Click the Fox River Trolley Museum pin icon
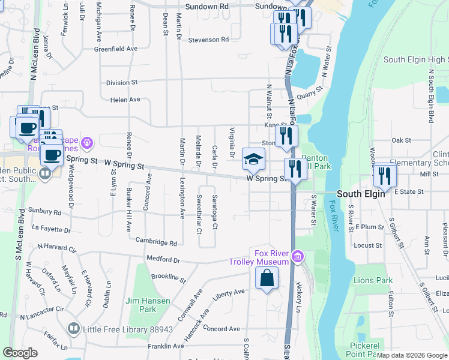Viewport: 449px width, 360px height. tap(297, 258)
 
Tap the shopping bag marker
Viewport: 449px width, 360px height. tap(267, 278)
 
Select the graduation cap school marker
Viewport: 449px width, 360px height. tap(253, 159)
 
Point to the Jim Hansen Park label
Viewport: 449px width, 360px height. tap(140, 305)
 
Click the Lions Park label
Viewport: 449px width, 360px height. tap(373, 280)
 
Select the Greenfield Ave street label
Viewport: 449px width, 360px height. tap(116, 49)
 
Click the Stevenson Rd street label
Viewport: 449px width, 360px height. tap(209, 40)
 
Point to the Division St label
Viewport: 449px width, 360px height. tap(122, 82)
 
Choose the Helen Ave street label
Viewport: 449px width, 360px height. tap(125, 100)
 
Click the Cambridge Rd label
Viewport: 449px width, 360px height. tap(156, 243)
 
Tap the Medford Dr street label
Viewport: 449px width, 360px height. tap(163, 260)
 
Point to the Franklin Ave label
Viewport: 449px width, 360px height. tap(166, 346)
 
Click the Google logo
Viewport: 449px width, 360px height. tap(20, 353)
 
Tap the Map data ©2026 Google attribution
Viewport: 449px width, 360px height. tap(412, 355)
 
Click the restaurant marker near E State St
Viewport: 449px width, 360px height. tap(384, 175)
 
